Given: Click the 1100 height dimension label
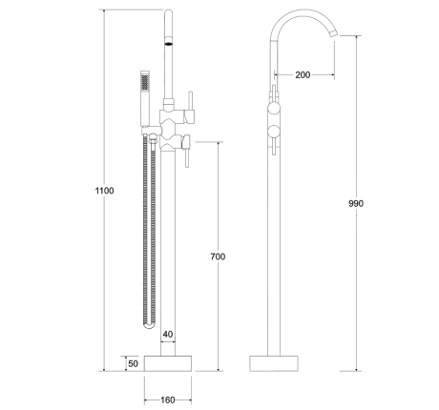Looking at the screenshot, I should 104,191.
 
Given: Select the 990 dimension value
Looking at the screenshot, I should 356,204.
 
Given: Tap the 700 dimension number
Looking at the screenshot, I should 219,257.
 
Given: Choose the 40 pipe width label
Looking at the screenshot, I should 168,334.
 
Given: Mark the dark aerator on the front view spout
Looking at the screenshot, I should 171,42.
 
